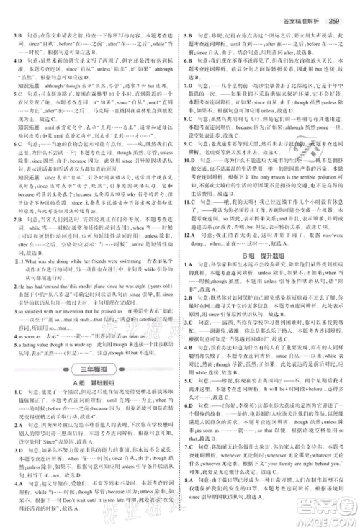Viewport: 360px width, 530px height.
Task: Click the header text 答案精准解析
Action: click(304, 21)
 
